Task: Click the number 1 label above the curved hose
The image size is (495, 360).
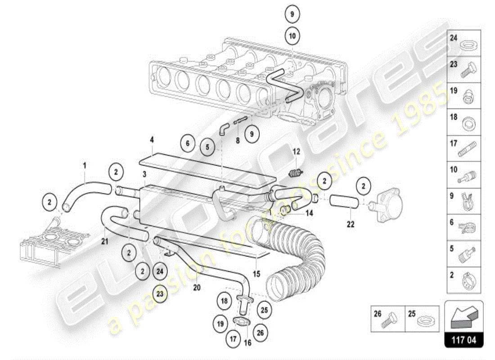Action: (x=84, y=166)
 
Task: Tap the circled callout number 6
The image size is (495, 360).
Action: (x=188, y=144)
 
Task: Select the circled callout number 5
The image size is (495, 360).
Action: (x=207, y=147)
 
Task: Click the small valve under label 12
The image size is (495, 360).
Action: (x=295, y=173)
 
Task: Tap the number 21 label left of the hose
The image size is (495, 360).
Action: (x=104, y=242)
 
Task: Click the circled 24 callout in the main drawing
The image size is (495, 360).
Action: (x=159, y=271)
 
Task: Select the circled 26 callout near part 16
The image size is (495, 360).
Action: (x=261, y=333)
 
